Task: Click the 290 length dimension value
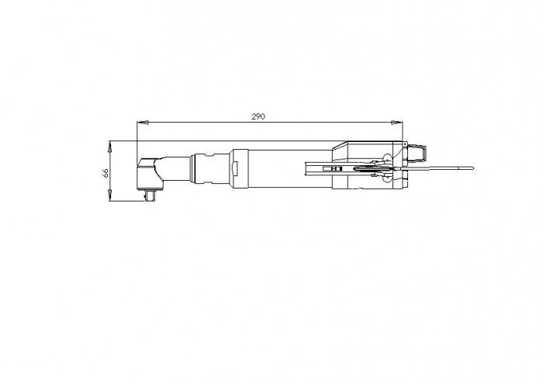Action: click(x=258, y=116)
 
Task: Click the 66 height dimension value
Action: click(x=105, y=172)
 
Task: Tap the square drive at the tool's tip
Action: click(x=150, y=195)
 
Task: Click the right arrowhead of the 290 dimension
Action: click(x=397, y=123)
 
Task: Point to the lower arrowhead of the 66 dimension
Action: click(x=110, y=195)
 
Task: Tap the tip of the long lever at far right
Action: click(x=472, y=168)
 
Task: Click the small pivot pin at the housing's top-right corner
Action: click(x=405, y=144)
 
